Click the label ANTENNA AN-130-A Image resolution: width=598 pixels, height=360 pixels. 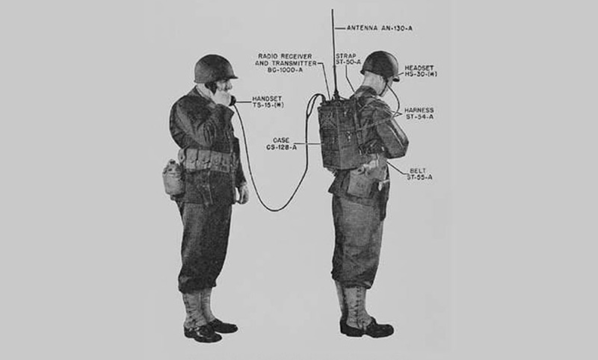click(380, 28)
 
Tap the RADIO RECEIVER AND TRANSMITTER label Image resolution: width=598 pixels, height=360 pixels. click(286, 63)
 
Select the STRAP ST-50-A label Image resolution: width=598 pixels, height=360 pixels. click(348, 59)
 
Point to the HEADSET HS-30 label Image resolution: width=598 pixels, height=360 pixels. click(421, 71)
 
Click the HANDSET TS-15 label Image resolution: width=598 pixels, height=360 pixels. click(268, 102)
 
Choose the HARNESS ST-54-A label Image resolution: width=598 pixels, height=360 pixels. click(419, 114)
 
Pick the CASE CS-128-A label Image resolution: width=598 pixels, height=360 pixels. click(282, 144)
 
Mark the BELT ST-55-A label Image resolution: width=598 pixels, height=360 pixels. click(419, 174)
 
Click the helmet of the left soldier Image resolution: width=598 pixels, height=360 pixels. click(215, 69)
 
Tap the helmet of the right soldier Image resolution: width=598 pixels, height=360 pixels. click(380, 66)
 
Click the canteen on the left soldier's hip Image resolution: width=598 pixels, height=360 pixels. click(173, 178)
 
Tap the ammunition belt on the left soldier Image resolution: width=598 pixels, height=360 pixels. click(208, 160)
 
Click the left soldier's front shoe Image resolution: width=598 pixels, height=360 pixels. click(203, 334)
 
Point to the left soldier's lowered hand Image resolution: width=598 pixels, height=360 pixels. click(242, 194)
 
